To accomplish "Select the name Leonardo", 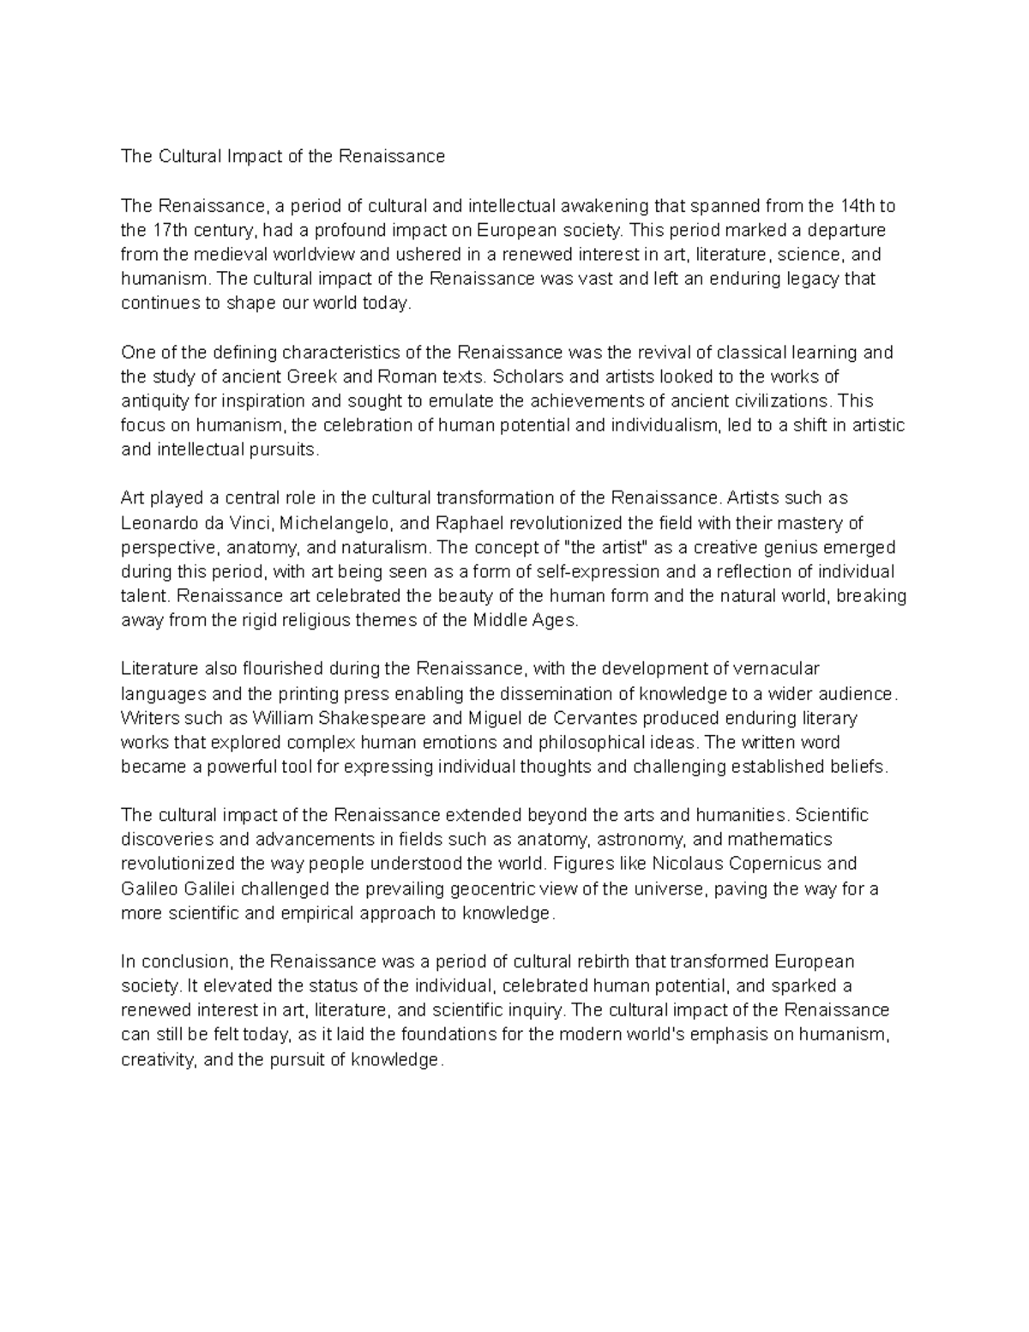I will [158, 523].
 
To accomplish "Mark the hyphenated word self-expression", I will [601, 572].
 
